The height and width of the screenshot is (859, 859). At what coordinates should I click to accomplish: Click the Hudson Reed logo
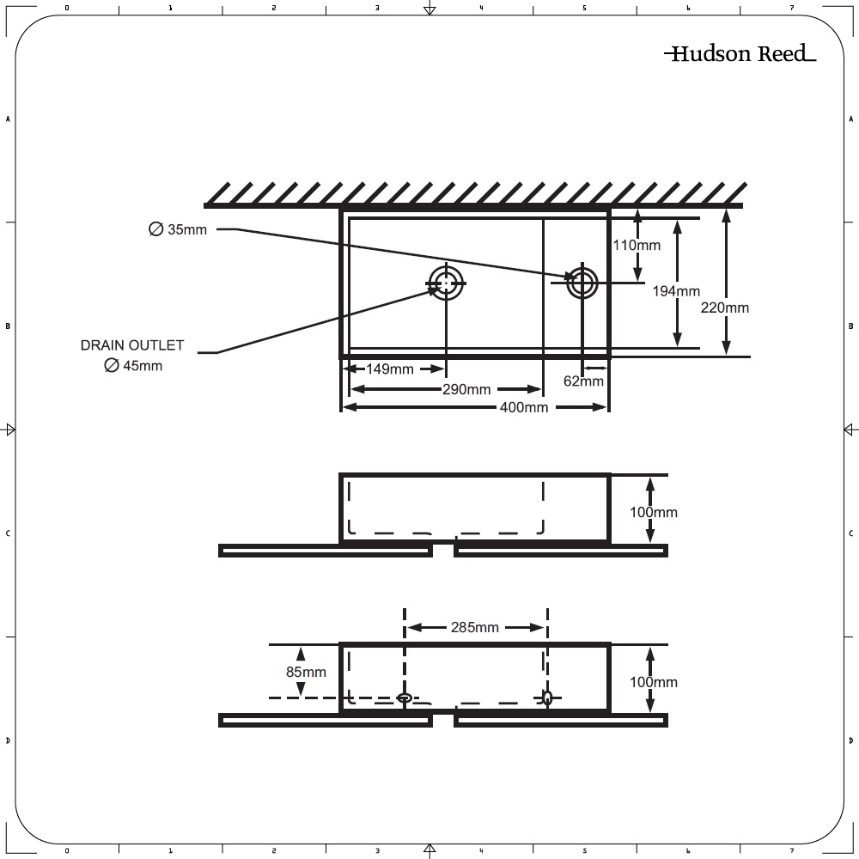tap(740, 53)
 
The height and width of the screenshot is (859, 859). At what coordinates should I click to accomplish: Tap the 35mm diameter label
tap(178, 229)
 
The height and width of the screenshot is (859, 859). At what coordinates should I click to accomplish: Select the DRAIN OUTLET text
tap(132, 345)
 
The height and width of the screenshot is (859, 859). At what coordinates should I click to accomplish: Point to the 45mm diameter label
tap(133, 365)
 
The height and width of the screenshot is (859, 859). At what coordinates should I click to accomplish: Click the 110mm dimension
tap(637, 245)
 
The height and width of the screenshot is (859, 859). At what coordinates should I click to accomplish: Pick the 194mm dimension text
tap(676, 291)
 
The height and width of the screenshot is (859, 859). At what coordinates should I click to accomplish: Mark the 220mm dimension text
tap(725, 308)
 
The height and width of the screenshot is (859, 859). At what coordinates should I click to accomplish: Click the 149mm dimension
tap(389, 369)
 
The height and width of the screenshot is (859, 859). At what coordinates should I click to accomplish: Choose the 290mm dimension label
tap(466, 389)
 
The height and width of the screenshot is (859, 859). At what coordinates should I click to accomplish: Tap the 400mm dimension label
tap(524, 407)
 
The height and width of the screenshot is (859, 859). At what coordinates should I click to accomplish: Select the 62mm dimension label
tap(583, 381)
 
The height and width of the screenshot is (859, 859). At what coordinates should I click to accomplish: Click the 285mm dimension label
tap(474, 627)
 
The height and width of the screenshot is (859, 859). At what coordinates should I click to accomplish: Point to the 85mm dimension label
tap(306, 672)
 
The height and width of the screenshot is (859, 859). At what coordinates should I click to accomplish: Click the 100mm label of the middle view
tap(654, 512)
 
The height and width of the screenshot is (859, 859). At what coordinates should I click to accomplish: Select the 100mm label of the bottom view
tap(654, 682)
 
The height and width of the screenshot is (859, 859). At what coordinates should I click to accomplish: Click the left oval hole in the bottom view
tap(405, 698)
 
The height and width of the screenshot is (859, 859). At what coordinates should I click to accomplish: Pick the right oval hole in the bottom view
tap(547, 698)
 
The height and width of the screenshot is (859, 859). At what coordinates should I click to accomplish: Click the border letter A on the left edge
tap(8, 119)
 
